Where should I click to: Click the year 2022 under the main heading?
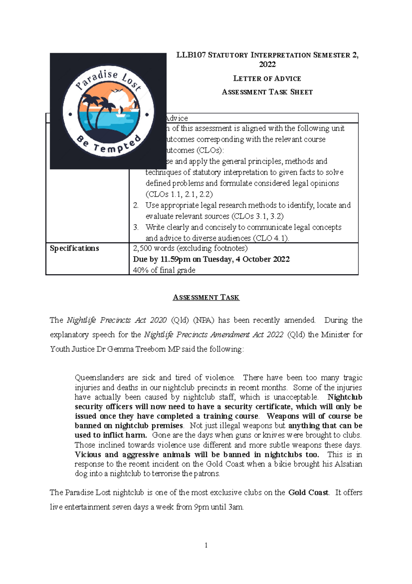267,65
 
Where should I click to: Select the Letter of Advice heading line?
267,79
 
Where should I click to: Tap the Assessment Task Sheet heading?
267,92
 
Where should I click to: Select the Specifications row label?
75,248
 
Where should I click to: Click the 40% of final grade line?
164,270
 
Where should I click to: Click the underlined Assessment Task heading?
206,298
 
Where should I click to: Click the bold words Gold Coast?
308,493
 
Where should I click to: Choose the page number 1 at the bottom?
206,545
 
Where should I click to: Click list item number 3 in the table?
136,227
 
